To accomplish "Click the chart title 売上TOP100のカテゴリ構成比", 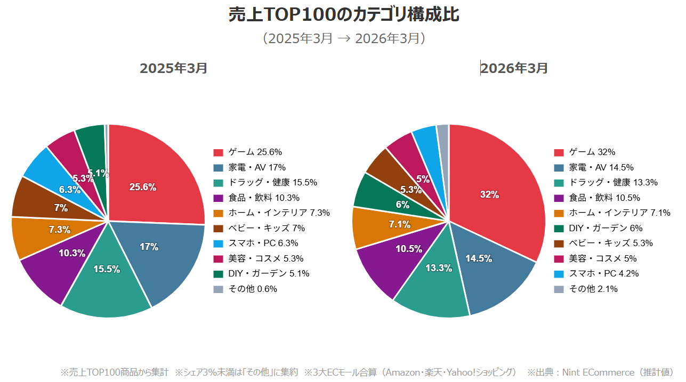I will [x=343, y=15].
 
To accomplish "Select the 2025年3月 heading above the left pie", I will [x=173, y=68].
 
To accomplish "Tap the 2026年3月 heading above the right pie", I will [x=514, y=68].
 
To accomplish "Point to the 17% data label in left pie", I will [x=149, y=247].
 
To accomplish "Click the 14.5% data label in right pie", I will [x=478, y=258].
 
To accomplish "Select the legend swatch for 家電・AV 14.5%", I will [x=559, y=167].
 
